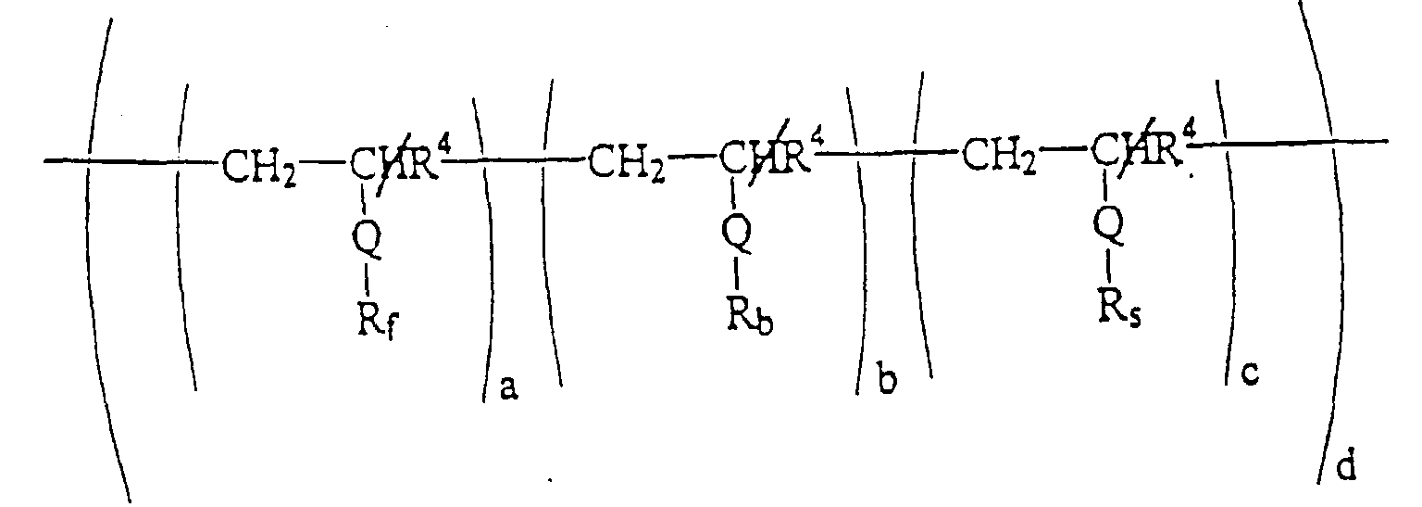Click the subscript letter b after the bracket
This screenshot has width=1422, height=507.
[887, 382]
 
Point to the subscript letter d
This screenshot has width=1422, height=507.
[1345, 466]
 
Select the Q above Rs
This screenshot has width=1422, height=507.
[1108, 222]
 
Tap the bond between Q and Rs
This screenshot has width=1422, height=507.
[1109, 264]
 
